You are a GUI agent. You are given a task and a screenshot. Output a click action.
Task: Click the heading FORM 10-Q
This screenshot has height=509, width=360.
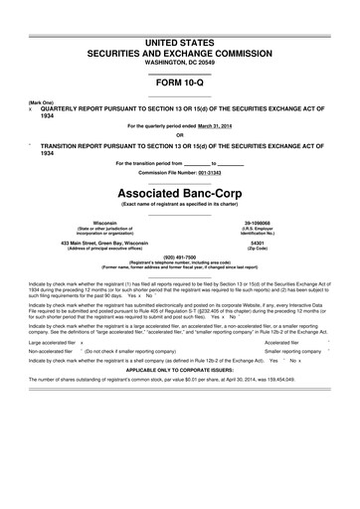pos(180,85)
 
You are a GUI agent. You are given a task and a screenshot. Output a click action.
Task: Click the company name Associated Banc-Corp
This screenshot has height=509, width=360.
pos(180,189)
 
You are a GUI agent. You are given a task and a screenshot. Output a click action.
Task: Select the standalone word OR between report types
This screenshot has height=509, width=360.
pos(180,136)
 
